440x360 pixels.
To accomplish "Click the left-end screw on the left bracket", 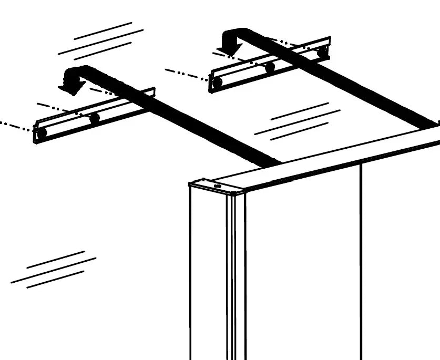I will coord(42,132).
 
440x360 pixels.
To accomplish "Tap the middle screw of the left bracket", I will coord(95,118).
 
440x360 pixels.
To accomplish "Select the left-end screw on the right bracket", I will coord(217,82).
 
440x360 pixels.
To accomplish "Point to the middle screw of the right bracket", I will coord(270,67).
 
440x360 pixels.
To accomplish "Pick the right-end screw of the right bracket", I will coord(322,52).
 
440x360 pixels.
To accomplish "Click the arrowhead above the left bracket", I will coord(71,86).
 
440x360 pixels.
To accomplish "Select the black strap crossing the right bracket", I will coord(357,84).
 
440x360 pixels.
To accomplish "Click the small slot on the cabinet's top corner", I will coord(218,185).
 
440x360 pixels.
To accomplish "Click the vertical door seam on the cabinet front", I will coord(361,263).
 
